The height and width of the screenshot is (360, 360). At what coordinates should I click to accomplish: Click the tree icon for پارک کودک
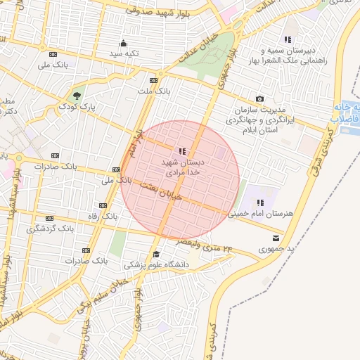[77, 95]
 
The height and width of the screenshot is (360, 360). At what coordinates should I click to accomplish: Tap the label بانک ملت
[153, 91]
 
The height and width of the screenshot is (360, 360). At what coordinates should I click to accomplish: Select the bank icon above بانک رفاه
[103, 205]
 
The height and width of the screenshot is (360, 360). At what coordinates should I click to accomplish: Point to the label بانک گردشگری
[50, 229]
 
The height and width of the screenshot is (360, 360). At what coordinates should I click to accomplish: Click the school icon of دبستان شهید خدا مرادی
[183, 150]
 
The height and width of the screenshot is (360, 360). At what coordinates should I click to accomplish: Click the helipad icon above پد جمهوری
[265, 239]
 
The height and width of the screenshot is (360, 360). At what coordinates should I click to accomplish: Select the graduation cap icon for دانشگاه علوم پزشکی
[156, 255]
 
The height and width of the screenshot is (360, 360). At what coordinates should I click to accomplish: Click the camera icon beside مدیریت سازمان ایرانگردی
[259, 99]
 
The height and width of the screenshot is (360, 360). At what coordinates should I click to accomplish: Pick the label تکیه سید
[124, 53]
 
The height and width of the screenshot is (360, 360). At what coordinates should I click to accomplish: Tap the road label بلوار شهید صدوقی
[154, 10]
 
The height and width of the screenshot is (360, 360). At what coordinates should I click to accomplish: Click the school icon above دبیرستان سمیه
[288, 39]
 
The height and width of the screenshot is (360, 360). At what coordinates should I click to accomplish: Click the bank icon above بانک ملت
[154, 80]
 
